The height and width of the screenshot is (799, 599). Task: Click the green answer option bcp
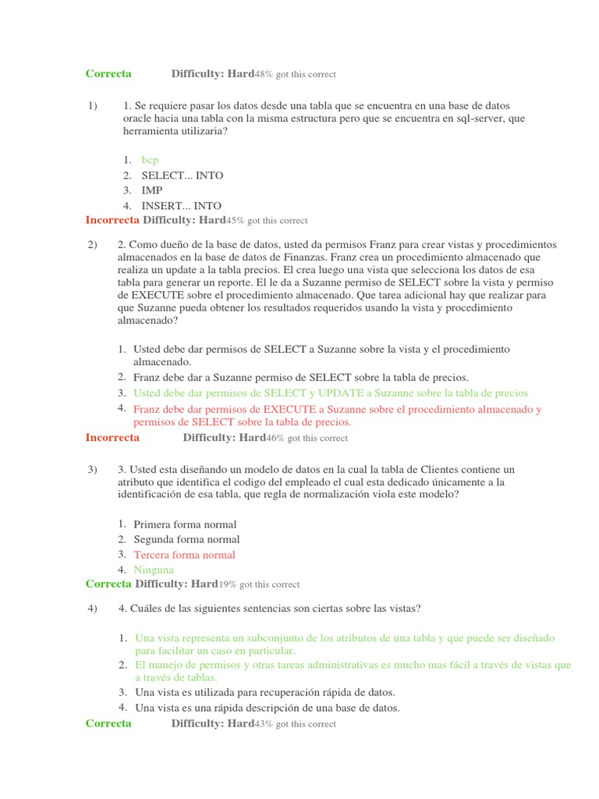click(150, 160)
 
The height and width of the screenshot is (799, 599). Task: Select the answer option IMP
click(152, 190)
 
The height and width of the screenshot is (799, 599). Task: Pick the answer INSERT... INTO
click(181, 206)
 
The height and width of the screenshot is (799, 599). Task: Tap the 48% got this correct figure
click(296, 74)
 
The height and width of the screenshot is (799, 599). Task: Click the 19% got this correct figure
click(259, 584)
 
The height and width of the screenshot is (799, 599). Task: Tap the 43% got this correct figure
click(296, 724)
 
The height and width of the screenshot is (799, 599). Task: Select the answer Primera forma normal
click(185, 524)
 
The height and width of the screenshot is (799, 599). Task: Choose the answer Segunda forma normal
click(186, 539)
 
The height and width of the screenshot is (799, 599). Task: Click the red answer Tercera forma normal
click(184, 555)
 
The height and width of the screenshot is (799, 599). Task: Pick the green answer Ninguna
click(154, 570)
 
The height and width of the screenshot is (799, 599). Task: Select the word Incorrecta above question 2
click(112, 221)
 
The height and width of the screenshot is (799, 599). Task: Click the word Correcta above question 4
click(108, 584)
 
